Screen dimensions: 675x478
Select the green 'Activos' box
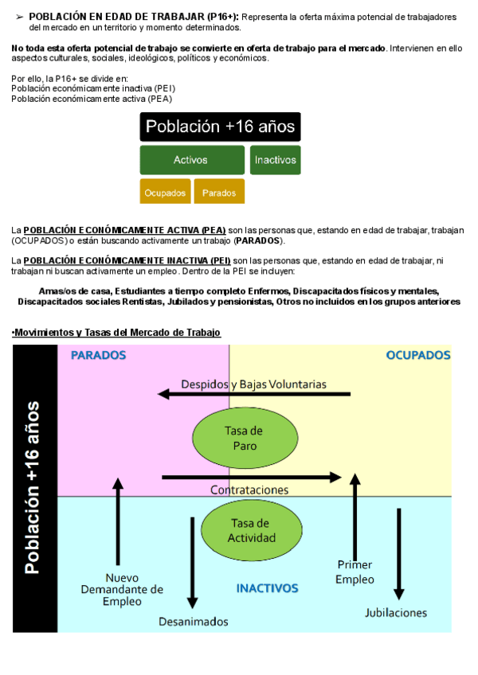point(191,160)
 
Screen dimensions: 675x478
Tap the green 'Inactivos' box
point(275,160)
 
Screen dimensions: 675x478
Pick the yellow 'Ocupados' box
point(165,192)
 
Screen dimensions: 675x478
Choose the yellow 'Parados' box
point(219,192)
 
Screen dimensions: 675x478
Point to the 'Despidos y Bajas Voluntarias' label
point(253,384)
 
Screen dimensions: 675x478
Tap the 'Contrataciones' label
point(249,490)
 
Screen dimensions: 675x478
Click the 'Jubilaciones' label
point(396,612)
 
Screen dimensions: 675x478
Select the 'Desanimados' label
point(193,621)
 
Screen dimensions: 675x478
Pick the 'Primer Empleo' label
point(355,572)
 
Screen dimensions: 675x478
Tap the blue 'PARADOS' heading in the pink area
point(100,355)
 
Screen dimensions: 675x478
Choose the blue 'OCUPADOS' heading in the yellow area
point(418,355)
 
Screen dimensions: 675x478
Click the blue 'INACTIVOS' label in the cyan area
point(267,589)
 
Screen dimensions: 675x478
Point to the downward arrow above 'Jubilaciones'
point(399,553)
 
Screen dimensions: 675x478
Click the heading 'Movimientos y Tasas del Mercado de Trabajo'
point(117,332)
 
